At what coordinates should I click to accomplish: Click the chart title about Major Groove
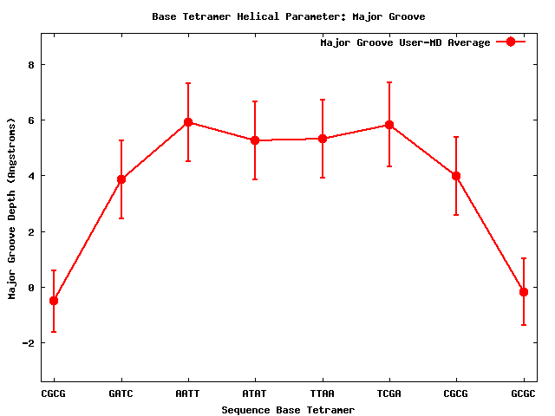point(288,16)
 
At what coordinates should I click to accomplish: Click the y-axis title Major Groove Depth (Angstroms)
point(13,209)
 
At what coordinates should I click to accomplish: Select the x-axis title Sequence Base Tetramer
point(288,410)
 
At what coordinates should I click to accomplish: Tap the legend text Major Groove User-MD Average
point(405,42)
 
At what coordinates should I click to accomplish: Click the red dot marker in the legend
point(511,42)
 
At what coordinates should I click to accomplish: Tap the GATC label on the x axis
point(121,393)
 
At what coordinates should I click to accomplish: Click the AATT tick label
point(187,393)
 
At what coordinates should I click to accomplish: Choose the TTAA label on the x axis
point(322,393)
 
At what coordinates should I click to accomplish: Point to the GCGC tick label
point(523,393)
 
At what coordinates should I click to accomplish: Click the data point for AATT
point(187,122)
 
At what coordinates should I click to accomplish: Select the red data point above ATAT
point(255,140)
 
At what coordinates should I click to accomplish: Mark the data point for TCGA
point(389,125)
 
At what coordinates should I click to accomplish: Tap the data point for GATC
point(121,179)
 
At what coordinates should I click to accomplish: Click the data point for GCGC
point(524,292)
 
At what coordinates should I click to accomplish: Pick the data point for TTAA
point(322,139)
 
